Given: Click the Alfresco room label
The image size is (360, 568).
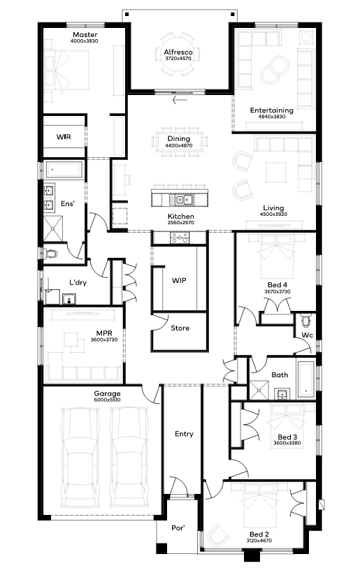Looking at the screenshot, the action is tap(178, 52).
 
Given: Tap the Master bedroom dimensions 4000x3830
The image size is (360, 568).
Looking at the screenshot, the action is tap(84, 41).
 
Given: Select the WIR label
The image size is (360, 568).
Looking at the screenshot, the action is tap(64, 137).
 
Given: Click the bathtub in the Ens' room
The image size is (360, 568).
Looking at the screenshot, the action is tap(64, 170).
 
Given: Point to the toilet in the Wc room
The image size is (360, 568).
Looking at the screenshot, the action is tap(307, 321).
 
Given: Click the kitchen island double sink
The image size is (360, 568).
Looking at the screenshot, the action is tap(180, 199).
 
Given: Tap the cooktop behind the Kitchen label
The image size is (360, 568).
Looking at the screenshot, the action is tap(180, 238).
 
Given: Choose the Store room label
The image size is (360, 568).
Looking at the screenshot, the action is tap(180, 328).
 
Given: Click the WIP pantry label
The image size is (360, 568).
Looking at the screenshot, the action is tap(179, 280).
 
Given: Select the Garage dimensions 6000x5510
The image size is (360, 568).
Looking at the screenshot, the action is tap(108, 400).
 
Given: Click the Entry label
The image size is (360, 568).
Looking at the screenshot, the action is tap(184, 434).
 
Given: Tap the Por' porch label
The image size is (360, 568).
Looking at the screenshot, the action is tap(178, 527).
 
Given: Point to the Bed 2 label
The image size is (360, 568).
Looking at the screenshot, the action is tap(259, 534).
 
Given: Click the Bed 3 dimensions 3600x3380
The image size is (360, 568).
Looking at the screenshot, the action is tap(287, 443).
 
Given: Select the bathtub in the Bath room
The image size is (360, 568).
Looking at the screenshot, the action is tap(306, 379).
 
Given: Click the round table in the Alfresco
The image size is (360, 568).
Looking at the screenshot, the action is tap(178, 54).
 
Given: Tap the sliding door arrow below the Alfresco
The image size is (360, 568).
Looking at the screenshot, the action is tap(180, 100).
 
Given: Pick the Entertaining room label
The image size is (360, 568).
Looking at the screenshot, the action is tap(271, 110).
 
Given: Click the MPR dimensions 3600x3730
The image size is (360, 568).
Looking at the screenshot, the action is tap(104, 340).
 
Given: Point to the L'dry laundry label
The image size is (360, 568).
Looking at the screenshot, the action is tap(78, 282).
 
